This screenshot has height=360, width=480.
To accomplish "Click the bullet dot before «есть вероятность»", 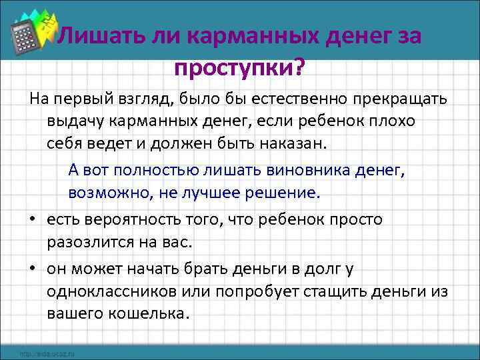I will point(33,220).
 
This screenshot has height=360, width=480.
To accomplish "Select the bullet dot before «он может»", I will point(33,269).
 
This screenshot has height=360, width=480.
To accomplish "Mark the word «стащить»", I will point(304,291).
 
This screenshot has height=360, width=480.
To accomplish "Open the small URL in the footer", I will point(47,353).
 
